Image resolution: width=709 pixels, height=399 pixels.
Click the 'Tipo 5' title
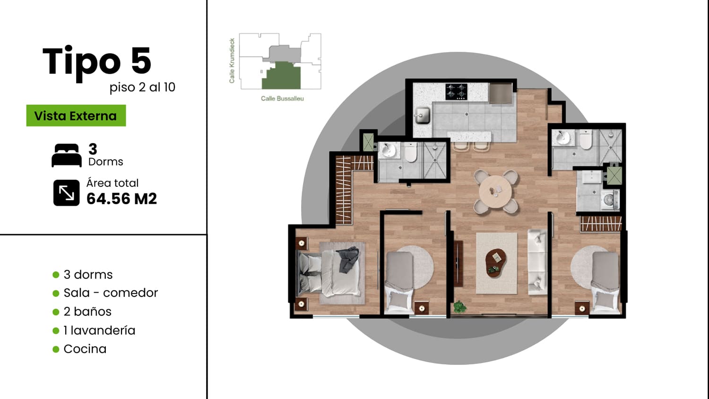[97, 62]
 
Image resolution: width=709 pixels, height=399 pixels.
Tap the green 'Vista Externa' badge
[76, 115]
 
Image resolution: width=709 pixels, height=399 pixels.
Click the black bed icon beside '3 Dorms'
[67, 155]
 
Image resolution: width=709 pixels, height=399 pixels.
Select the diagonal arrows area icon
[67, 193]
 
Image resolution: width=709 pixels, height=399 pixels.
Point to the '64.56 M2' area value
[121, 199]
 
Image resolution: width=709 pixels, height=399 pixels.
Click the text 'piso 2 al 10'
[142, 87]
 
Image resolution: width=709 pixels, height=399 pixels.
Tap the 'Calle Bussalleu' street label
[282, 98]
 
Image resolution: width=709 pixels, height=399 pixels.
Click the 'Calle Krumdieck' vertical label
[232, 61]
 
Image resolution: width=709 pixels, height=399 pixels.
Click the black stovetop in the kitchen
[457, 92]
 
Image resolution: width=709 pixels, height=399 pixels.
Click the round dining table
[495, 191]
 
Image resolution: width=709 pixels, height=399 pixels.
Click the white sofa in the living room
[537, 262]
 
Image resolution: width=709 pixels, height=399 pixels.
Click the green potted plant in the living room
[459, 306]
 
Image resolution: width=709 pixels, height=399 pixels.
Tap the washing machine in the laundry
[610, 200]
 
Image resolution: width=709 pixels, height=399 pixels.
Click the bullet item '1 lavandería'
[99, 330]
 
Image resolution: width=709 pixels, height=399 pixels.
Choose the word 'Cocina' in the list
[85, 349]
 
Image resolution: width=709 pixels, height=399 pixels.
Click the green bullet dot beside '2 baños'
[56, 312]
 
